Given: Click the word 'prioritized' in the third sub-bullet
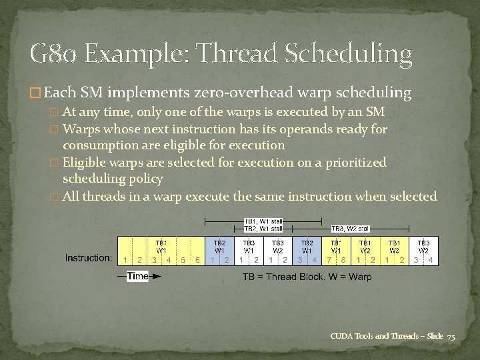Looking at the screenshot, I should [x=353, y=162].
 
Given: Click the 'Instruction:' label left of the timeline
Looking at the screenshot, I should [x=88, y=258].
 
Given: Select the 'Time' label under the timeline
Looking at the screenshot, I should [x=137, y=276].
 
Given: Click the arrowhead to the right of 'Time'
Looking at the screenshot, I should [x=157, y=276].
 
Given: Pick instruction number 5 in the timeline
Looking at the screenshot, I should [x=183, y=259].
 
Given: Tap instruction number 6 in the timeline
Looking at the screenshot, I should [x=198, y=259].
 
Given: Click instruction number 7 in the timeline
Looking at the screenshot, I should [x=329, y=259].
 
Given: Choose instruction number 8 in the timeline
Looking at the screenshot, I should [x=343, y=259].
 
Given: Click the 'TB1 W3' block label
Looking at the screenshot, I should [x=394, y=247].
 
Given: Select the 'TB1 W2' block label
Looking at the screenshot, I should [x=365, y=247].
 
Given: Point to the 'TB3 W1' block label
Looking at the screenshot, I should [x=249, y=247].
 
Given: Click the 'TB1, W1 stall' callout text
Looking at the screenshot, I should [x=263, y=221].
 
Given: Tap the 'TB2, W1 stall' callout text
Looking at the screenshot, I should [x=263, y=229].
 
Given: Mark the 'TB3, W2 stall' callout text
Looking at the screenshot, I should [x=351, y=229].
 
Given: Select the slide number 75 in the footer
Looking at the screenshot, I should [x=451, y=337].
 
